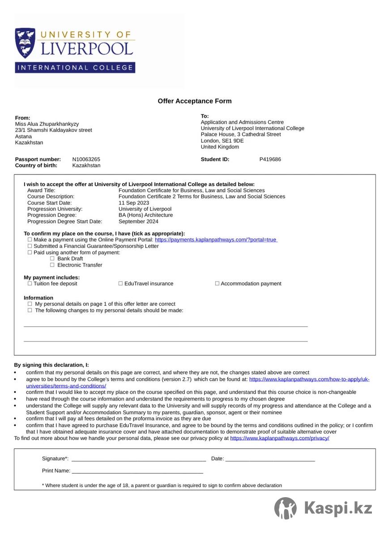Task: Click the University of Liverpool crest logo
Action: pos(26,43)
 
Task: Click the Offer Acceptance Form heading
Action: pos(195,101)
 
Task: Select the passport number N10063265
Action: pos(86,159)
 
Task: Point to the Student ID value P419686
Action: pos(270,159)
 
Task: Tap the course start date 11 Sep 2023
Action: pos(134,203)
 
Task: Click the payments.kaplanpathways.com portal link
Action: pos(216,240)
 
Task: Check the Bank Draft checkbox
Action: pos(52,259)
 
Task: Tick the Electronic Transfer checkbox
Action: pos(52,265)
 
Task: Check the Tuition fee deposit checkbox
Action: pos(30,284)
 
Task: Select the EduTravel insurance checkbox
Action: pos(120,284)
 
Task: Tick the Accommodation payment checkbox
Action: pos(217,284)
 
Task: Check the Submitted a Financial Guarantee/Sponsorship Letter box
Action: pos(30,246)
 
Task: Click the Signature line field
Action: pos(139,459)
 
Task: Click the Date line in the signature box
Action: pos(270,459)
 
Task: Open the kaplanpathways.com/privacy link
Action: pos(280,439)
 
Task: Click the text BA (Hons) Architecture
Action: pos(145,215)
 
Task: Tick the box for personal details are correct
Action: pos(30,304)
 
